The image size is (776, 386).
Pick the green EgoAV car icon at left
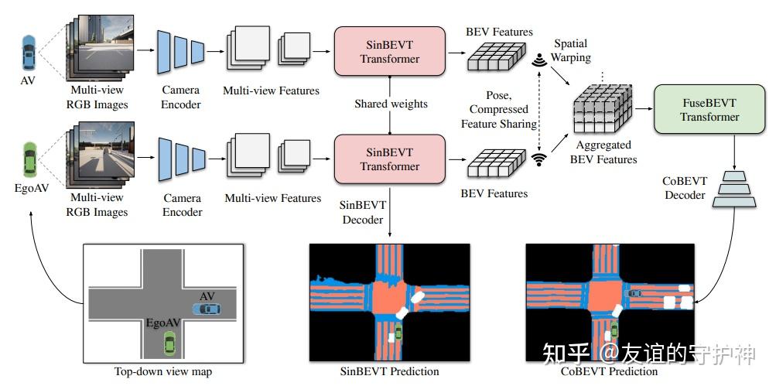[x=29, y=161]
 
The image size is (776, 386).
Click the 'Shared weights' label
[x=391, y=103]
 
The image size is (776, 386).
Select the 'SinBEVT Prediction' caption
[x=389, y=371]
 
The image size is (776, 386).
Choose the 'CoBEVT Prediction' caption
[x=611, y=372]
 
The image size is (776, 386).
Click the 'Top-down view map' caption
[x=162, y=372]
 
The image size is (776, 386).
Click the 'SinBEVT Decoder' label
[x=363, y=211]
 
